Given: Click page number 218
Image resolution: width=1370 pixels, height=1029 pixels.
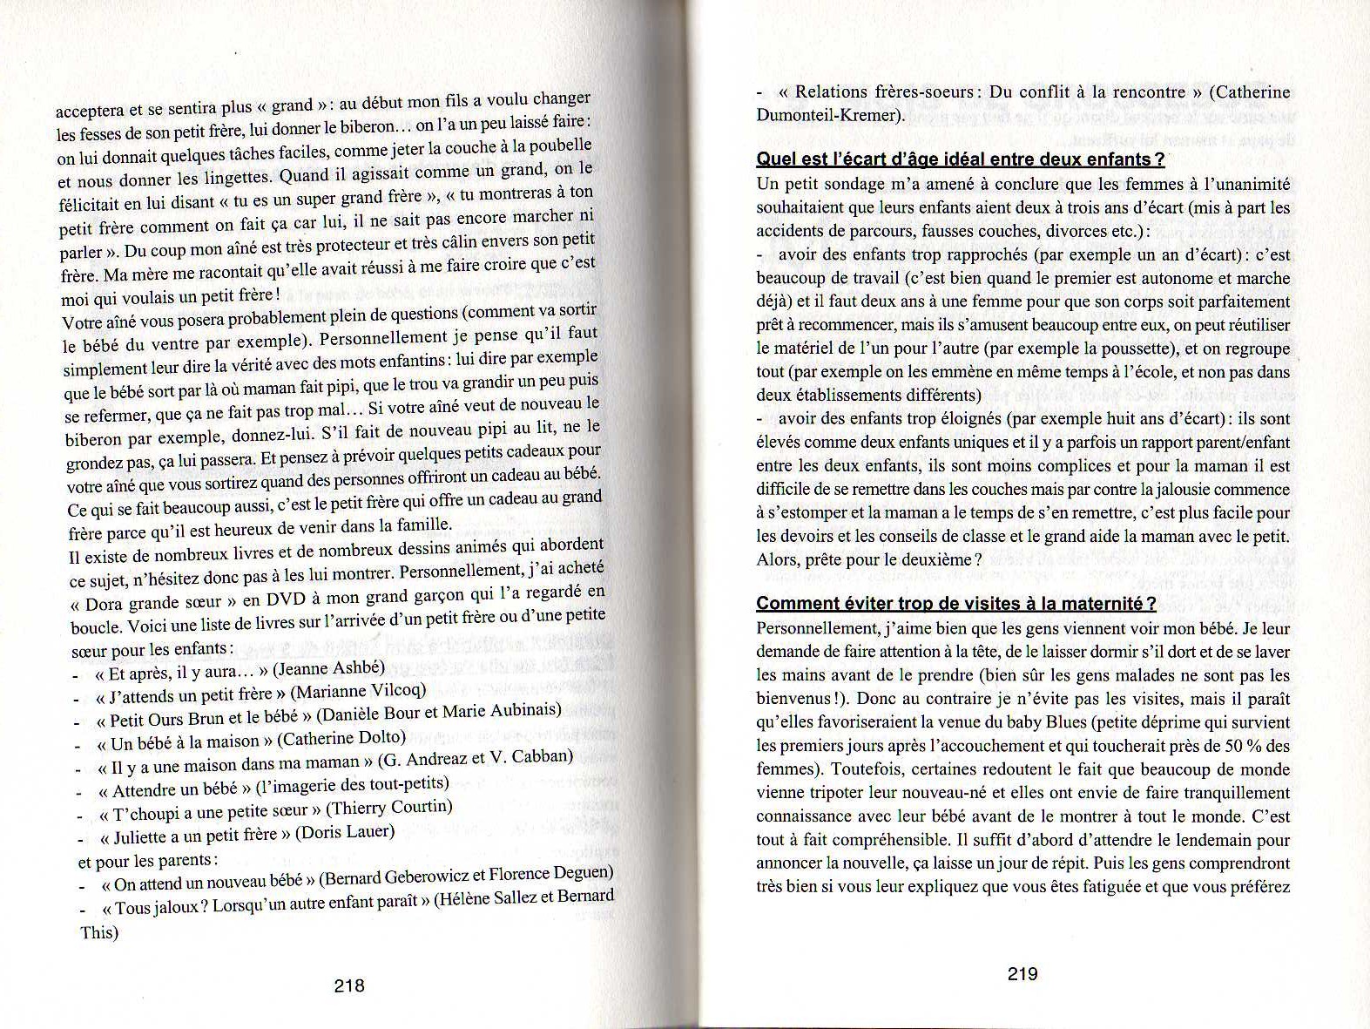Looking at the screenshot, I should click(x=348, y=986).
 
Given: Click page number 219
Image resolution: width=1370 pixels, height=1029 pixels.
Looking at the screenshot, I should click(x=1022, y=974).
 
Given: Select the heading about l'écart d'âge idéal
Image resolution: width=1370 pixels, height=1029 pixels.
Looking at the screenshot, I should click(x=960, y=159).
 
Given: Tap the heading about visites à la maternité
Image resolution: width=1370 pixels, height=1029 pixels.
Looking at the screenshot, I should click(x=955, y=604).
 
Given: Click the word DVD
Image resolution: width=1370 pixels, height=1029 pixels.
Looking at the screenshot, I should click(x=285, y=599).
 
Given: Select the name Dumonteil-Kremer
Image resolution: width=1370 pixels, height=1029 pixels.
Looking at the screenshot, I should click(x=827, y=115).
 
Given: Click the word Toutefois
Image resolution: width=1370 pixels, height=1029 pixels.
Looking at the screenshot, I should click(x=864, y=769).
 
